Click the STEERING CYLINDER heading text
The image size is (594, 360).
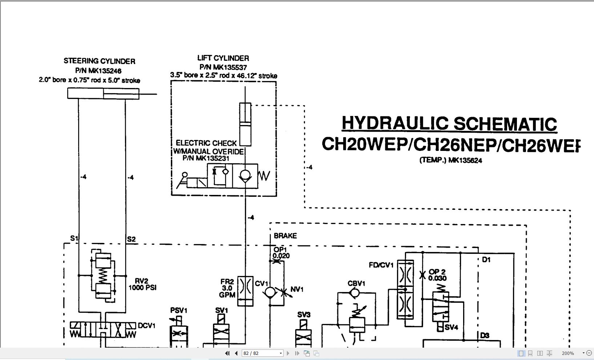pyautogui.click(x=100, y=61)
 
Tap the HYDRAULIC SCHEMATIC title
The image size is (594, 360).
pyautogui.click(x=449, y=124)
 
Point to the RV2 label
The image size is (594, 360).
pyautogui.click(x=141, y=281)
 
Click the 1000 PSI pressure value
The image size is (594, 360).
pyautogui.click(x=143, y=288)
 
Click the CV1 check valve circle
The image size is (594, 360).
pyautogui.click(x=270, y=293)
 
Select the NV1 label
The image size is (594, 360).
pyautogui.click(x=297, y=289)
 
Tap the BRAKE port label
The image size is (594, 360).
pyautogui.click(x=285, y=236)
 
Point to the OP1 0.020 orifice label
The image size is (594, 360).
pyautogui.click(x=281, y=253)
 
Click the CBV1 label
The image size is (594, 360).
pyautogui.click(x=356, y=284)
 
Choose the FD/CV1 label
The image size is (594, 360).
pyautogui.click(x=381, y=265)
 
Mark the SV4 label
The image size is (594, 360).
pyautogui.click(x=451, y=327)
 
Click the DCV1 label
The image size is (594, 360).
pyautogui.click(x=147, y=326)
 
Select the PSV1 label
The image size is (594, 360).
pyautogui.click(x=179, y=311)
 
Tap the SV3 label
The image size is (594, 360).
pyautogui.click(x=304, y=315)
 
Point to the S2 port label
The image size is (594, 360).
pyautogui.click(x=131, y=239)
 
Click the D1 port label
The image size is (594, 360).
pyautogui.click(x=486, y=260)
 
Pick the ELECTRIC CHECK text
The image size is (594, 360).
pyautogui.click(x=206, y=143)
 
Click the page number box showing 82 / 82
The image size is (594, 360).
pyautogui.click(x=262, y=353)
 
